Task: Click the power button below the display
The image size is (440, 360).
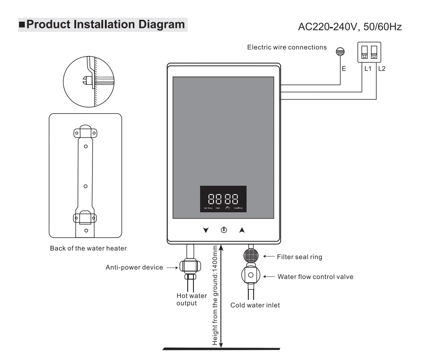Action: click(x=224, y=230)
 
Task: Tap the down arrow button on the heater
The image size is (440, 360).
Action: click(x=205, y=230)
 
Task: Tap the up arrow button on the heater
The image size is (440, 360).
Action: click(x=242, y=230)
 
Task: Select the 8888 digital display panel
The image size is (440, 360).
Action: click(x=223, y=199)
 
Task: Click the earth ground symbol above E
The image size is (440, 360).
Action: click(x=340, y=52)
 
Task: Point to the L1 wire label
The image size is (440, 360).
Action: click(x=367, y=69)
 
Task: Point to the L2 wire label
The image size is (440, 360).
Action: click(x=382, y=69)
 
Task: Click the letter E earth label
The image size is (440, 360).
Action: click(x=344, y=69)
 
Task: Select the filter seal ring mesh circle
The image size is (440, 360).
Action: click(x=251, y=257)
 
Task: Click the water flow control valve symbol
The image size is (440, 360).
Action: click(x=251, y=275)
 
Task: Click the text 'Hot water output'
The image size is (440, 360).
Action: click(x=192, y=299)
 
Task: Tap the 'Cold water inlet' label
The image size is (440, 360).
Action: click(x=255, y=305)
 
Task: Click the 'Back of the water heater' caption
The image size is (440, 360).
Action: click(x=88, y=248)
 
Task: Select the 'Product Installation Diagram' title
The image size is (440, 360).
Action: click(x=105, y=24)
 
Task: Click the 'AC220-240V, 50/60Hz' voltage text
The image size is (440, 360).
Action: click(x=350, y=27)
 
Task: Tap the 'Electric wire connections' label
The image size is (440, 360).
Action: click(x=287, y=47)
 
